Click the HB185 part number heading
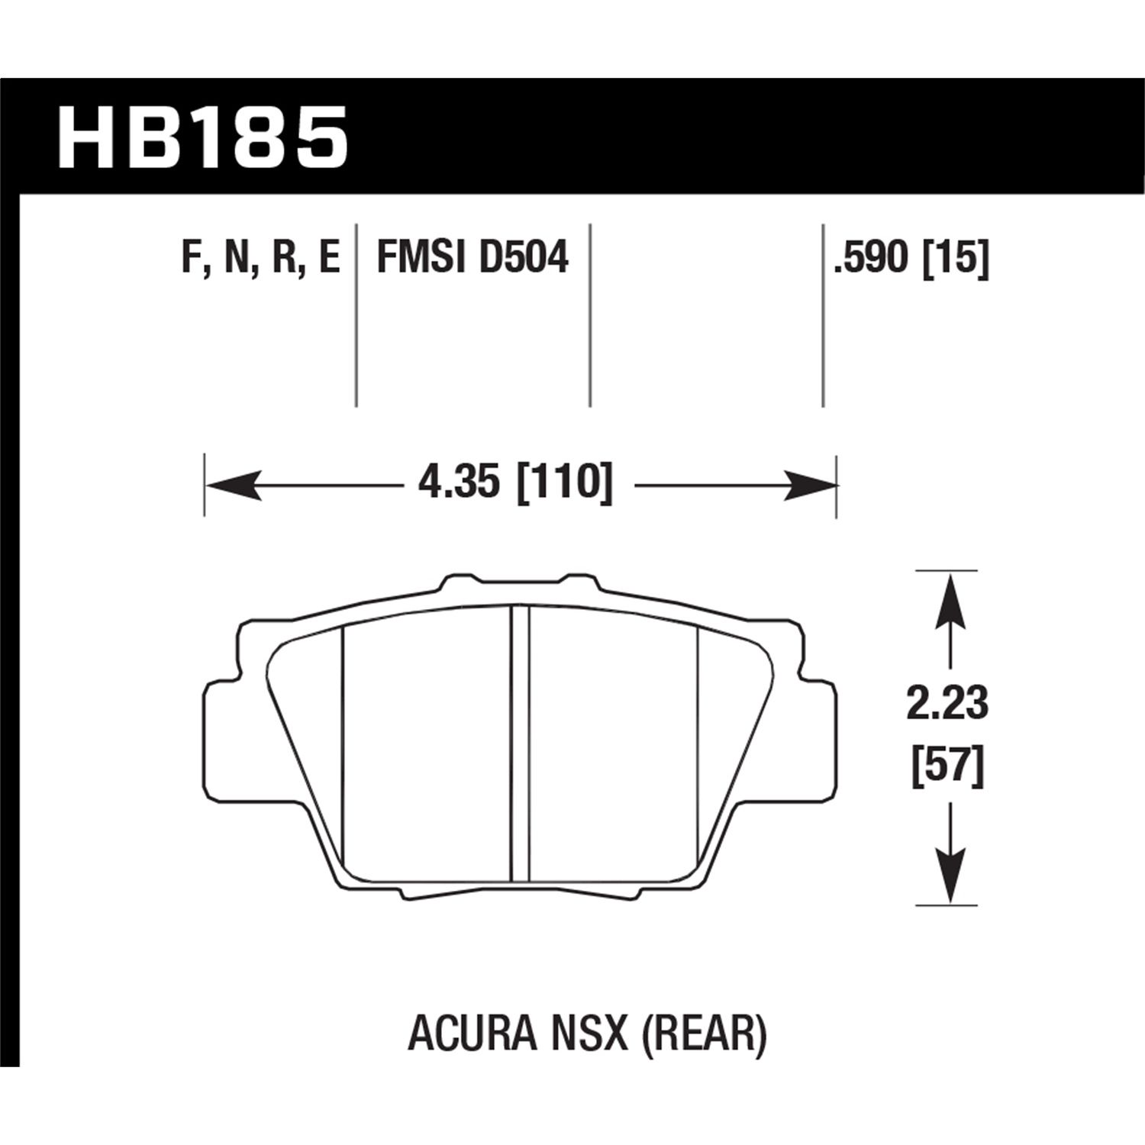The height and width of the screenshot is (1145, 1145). (202, 137)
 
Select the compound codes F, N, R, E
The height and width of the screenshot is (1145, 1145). (260, 257)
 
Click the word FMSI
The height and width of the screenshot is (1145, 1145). (419, 257)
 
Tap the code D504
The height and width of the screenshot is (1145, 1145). (524, 257)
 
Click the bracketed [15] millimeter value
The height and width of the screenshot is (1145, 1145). (955, 257)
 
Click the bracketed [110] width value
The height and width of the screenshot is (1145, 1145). (565, 484)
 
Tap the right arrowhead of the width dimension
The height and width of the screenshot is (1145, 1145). (809, 485)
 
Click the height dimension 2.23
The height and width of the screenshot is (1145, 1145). (947, 704)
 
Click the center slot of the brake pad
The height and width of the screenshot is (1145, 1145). (519, 744)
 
